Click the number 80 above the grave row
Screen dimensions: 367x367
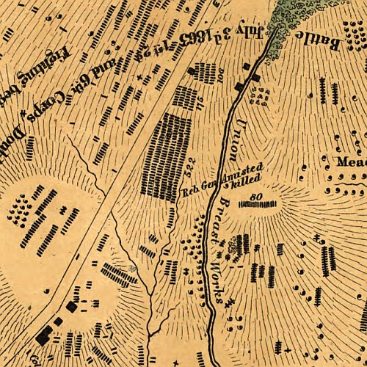click(256, 196)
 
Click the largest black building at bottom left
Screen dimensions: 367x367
click(44, 335)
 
